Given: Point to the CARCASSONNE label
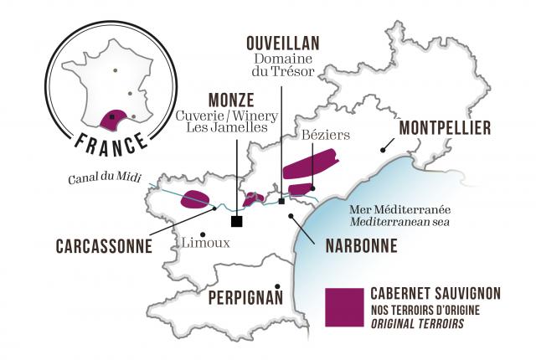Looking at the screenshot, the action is [104, 247].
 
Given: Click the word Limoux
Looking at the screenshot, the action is [204, 243].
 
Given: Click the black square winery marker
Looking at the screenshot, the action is [237, 221].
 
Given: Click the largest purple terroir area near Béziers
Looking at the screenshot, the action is [310, 163].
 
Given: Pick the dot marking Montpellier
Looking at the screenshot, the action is [383, 149].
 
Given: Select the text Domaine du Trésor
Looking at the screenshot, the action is [283, 65].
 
